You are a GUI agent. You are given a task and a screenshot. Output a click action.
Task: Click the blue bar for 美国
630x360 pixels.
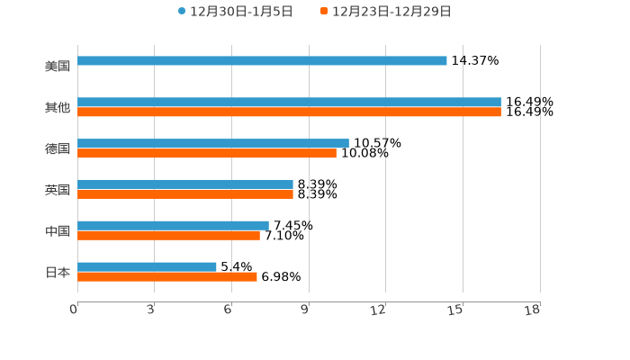(262, 61)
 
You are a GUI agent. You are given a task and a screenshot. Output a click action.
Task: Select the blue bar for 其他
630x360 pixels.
(289, 103)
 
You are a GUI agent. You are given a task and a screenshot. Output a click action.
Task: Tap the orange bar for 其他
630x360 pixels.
(289, 112)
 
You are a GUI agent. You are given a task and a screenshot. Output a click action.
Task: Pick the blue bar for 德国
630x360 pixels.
(213, 143)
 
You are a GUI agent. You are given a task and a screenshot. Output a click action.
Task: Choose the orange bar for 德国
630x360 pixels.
(207, 153)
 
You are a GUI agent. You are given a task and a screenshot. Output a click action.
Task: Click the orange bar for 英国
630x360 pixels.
(185, 194)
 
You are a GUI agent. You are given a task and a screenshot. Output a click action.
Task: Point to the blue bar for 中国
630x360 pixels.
(173, 225)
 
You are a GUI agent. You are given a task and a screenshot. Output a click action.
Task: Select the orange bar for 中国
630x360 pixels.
(168, 236)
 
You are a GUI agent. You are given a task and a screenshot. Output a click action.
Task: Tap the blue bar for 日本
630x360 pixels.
(147, 266)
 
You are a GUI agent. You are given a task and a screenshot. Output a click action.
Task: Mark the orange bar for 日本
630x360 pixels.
(167, 276)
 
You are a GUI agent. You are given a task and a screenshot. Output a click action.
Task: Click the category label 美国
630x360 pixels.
(58, 66)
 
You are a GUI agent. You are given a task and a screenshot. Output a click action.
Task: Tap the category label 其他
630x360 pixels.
(58, 107)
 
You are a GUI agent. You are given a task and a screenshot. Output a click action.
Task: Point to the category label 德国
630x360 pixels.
(58, 148)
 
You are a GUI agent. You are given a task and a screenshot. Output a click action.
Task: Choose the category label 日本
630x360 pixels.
(58, 272)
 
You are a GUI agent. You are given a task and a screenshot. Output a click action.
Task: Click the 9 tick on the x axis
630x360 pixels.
(306, 310)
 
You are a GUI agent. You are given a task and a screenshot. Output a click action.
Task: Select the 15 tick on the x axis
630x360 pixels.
(457, 310)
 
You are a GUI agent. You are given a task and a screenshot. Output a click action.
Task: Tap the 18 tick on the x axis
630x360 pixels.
(534, 310)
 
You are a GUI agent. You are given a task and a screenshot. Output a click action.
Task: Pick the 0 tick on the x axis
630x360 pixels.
(75, 310)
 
